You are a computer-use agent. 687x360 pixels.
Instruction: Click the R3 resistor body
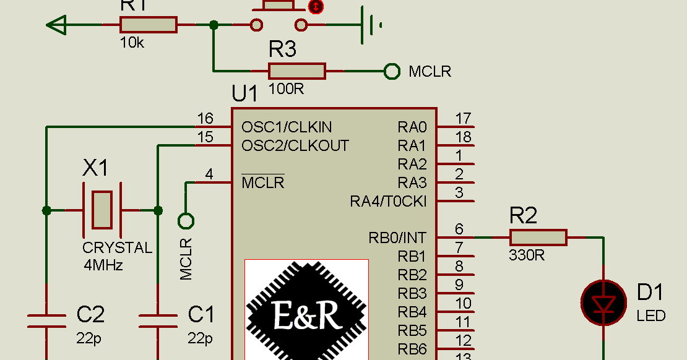pos(296,71)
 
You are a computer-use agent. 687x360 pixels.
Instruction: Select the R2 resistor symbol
pos(538,238)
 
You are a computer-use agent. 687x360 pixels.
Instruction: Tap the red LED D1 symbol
pos(603,303)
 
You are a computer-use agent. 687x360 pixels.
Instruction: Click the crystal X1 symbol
pos(102,210)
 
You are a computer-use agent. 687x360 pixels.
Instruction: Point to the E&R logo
pos(306,309)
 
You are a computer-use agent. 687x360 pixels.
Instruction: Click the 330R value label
pos(527,255)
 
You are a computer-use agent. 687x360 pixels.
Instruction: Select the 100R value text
pos(286,88)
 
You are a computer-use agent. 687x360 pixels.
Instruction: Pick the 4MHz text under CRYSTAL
pos(103,265)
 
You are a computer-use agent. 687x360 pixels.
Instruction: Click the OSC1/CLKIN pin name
pos(287,127)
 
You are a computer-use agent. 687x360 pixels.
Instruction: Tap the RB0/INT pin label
pos(397,238)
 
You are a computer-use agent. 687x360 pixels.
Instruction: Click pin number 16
pos(205,118)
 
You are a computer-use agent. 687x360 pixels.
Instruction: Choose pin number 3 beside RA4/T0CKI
pos(459,192)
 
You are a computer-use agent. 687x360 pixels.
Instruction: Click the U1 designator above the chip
pos(244,94)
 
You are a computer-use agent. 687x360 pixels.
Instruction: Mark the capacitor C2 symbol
pos(46,320)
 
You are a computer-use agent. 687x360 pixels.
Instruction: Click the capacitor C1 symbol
pos(158,320)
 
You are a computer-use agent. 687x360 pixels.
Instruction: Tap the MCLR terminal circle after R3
pos(392,72)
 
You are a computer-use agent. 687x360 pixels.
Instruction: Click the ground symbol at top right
pos(371,25)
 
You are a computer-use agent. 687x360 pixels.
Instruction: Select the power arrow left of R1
pos(56,25)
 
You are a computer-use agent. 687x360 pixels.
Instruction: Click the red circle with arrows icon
pos(316,7)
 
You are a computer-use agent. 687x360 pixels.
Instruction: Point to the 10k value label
pos(132,43)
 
